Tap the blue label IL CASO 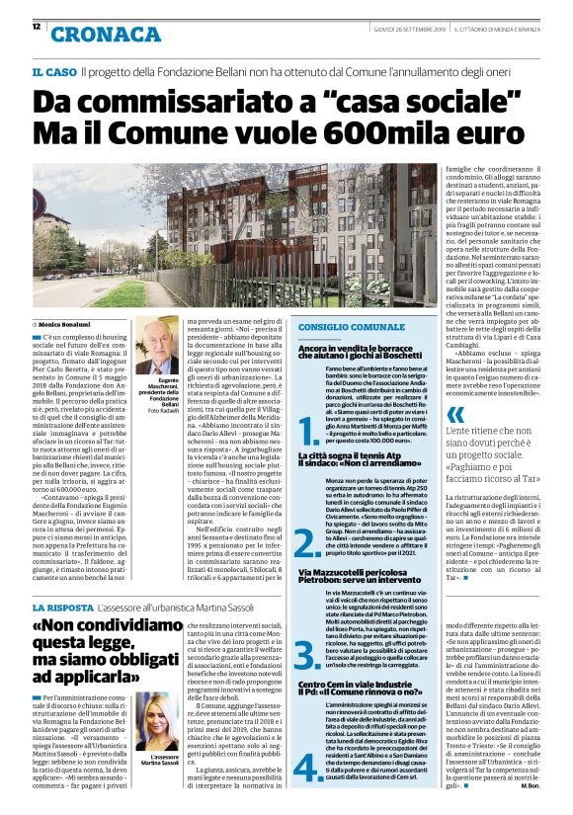(53, 73)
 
